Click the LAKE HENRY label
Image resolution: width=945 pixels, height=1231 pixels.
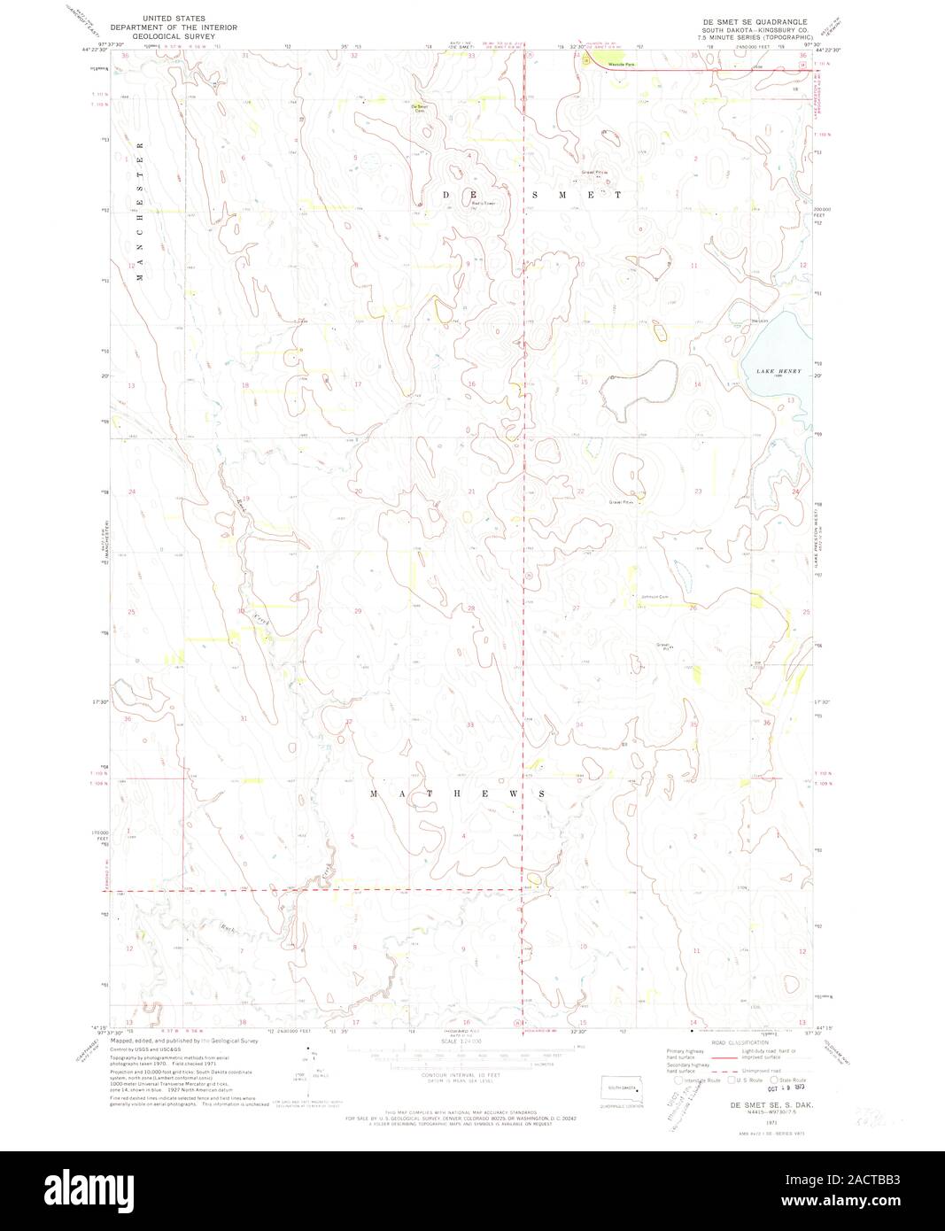[778, 371]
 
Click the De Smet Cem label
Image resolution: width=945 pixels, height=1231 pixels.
[419, 108]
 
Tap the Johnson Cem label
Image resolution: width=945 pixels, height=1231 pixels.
[655, 596]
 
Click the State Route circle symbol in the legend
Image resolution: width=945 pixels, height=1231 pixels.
[773, 1080]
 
